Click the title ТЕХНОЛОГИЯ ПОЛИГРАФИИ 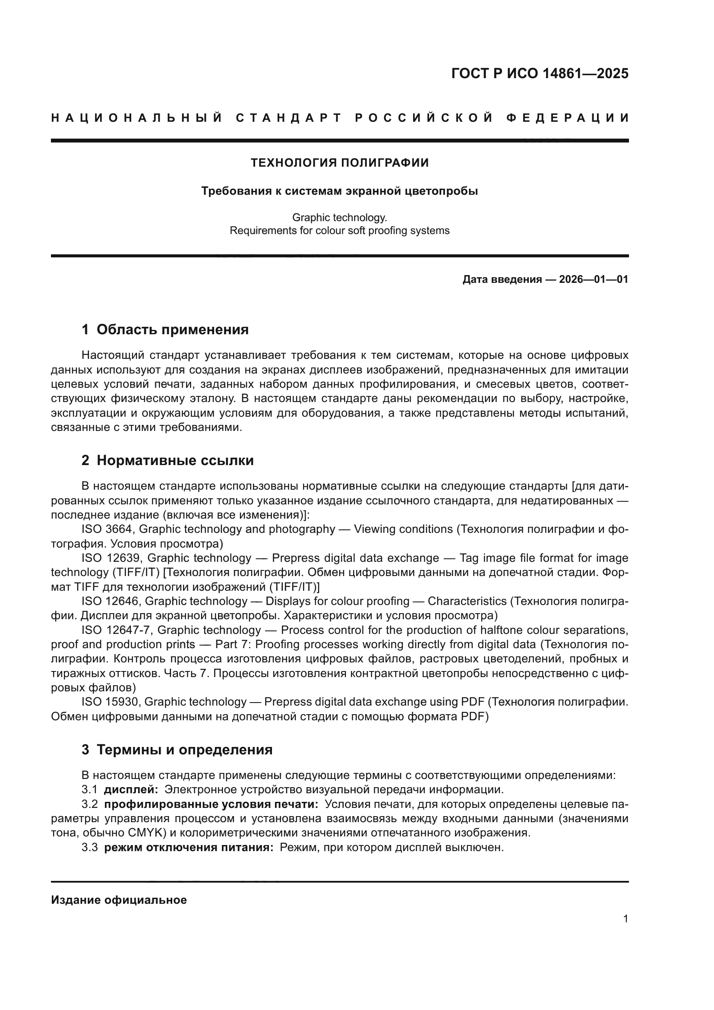pos(339,163)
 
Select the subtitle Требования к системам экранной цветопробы pos(339,191)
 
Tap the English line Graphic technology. pos(339,217)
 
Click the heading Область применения pos(172,329)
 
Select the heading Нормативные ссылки pos(175,461)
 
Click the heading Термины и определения pos(184,750)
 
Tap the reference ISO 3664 pos(106,529)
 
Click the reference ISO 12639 pos(111,558)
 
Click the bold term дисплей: pos(131,790)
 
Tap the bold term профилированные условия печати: pos(211,804)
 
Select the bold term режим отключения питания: pos(189,847)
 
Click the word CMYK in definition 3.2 pos(142,833)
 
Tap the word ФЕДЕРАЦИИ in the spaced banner pos(568,118)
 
